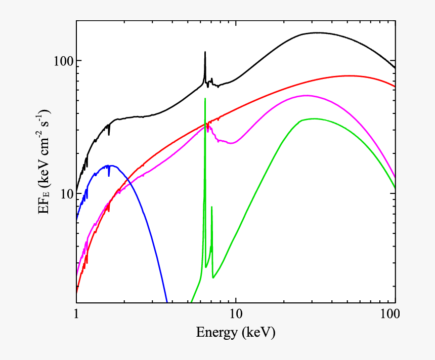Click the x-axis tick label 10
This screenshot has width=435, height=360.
click(x=235, y=314)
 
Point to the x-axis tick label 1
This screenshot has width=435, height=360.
click(x=76, y=314)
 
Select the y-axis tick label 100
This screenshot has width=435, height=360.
click(x=63, y=61)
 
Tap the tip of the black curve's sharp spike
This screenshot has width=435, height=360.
click(x=205, y=52)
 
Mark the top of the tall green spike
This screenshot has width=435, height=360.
click(x=205, y=99)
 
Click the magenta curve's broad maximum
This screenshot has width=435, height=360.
click(x=307, y=95)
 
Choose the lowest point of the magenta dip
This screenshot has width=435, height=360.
click(x=231, y=143)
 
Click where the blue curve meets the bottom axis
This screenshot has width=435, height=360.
click(x=167, y=302)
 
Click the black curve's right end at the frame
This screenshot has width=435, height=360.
click(x=395, y=67)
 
